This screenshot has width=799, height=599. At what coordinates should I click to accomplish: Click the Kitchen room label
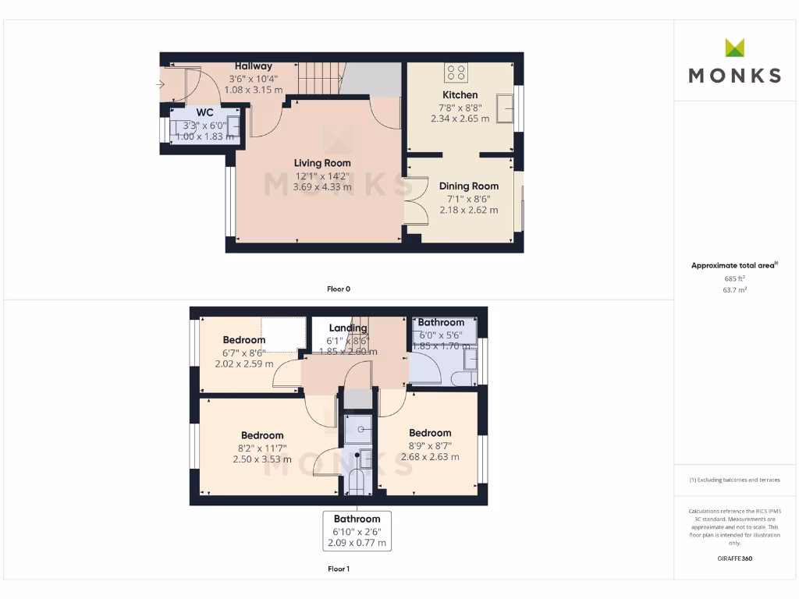[x=460, y=95]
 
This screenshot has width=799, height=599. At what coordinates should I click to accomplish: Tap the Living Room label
[x=322, y=163]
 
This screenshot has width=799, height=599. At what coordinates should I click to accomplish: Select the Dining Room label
[x=468, y=186]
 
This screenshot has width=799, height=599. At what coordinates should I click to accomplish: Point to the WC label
[x=204, y=112]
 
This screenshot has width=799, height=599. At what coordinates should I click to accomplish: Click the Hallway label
[x=254, y=66]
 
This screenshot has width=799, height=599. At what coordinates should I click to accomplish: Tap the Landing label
[x=348, y=328]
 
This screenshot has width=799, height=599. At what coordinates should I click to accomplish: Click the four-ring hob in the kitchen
[x=456, y=73]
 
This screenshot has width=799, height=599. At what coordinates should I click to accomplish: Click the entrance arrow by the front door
[x=160, y=83]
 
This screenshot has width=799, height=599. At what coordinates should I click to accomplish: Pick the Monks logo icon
[x=734, y=48]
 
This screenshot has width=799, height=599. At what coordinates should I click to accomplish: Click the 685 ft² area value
[x=734, y=278]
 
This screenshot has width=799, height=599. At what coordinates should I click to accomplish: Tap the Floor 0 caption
[x=339, y=289]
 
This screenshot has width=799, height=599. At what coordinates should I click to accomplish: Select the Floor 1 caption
[x=339, y=569]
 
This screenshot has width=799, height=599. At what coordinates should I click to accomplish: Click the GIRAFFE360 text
[x=734, y=558]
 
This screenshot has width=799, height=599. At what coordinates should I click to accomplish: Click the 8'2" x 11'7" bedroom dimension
[x=262, y=448]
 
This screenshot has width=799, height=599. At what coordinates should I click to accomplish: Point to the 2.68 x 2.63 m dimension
[x=430, y=457]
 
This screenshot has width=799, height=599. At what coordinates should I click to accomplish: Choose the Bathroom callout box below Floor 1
[x=357, y=530]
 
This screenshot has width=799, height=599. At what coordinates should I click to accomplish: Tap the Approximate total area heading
[x=734, y=265]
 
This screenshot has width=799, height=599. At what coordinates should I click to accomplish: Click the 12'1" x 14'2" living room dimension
[x=322, y=175]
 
